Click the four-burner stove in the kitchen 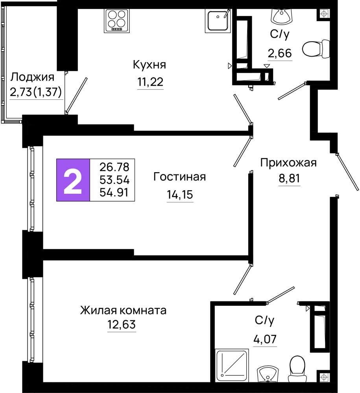[117, 21]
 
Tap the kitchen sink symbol [218, 21]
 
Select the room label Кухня [149, 65]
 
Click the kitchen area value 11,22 [150, 82]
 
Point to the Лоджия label [32, 77]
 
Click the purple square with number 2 [73, 180]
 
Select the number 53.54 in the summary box [114, 180]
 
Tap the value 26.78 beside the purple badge [114, 167]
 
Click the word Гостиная [179, 177]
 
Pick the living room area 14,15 [180, 194]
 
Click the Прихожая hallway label [288, 163]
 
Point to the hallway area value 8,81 [289, 178]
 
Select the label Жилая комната [123, 310]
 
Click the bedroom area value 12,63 [122, 325]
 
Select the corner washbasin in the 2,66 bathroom [281, 16]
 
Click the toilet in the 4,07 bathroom [298, 369]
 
